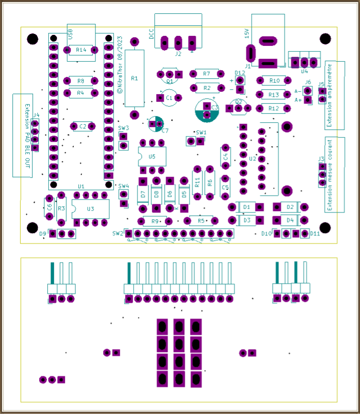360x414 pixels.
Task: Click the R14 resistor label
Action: [x=81, y=50]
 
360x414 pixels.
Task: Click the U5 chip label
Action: [x=152, y=157]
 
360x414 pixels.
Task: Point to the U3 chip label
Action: [x=91, y=209]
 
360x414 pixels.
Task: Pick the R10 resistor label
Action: [x=274, y=81]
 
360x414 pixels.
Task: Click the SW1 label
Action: [x=201, y=132]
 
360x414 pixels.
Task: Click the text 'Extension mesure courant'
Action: [x=329, y=175]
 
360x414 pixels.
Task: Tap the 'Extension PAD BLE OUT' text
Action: [x=27, y=136]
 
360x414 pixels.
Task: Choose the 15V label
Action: [x=246, y=34]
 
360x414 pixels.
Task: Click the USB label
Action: [x=71, y=34]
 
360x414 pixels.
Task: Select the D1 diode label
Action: [x=247, y=207]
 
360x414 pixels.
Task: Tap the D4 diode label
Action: [x=290, y=220]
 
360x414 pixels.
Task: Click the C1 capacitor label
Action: [x=169, y=97]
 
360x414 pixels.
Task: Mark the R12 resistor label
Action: [x=274, y=108]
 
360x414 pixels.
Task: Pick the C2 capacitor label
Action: [x=83, y=127]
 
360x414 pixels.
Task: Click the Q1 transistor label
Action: [x=169, y=82]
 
